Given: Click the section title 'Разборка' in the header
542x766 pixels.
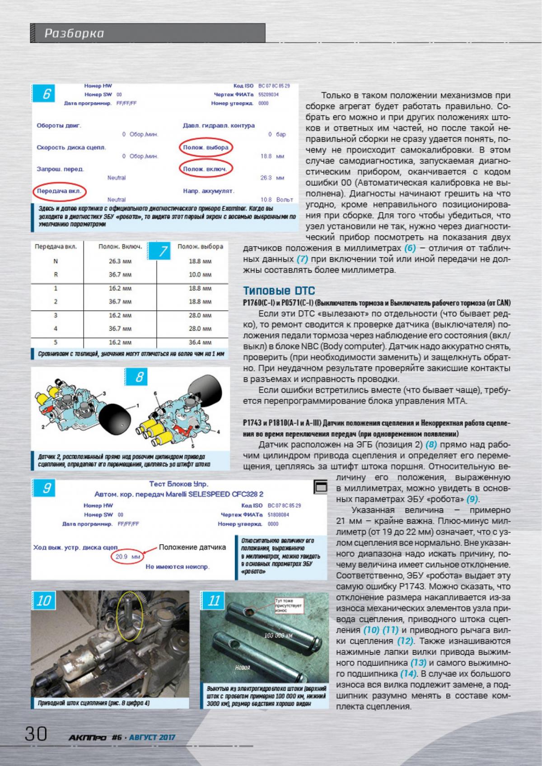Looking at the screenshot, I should (x=75, y=33).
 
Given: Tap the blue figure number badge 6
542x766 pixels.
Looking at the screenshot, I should (x=46, y=94).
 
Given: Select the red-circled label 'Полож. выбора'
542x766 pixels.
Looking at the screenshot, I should (x=206, y=148).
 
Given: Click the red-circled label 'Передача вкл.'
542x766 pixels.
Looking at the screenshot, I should (x=59, y=191).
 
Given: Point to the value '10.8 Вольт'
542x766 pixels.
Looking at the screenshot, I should (x=276, y=199).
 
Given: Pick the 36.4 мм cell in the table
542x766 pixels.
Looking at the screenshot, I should (x=200, y=342).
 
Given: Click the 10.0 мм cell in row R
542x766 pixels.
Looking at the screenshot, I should (x=200, y=275).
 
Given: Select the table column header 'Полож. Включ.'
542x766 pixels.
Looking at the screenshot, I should (x=120, y=247).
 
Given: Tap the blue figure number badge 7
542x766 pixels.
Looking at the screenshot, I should (x=163, y=251).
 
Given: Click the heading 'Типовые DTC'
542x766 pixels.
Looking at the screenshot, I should (x=279, y=290).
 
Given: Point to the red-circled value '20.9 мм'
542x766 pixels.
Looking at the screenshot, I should (x=127, y=557).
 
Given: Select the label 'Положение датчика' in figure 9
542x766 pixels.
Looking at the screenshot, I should (x=192, y=547).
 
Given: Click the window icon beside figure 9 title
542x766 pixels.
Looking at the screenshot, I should (x=321, y=486).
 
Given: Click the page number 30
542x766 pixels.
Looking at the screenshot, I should (x=36, y=733).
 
